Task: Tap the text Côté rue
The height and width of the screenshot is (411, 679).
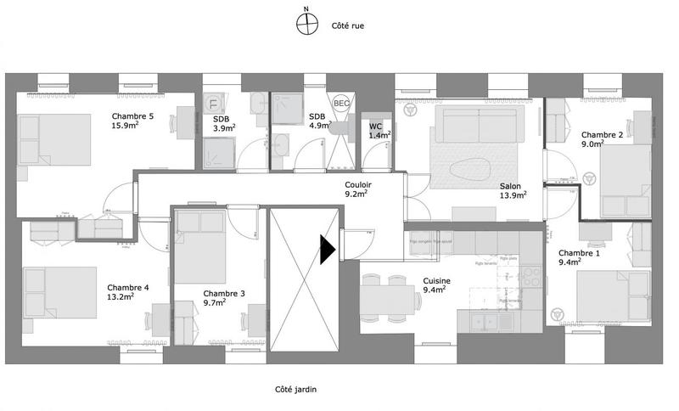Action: (348, 26)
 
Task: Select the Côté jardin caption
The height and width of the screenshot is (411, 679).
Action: (296, 390)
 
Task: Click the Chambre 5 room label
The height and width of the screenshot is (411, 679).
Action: (132, 116)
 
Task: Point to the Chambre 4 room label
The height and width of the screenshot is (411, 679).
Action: (128, 288)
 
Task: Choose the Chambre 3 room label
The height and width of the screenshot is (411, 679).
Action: (224, 294)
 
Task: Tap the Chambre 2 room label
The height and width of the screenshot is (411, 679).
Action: (603, 135)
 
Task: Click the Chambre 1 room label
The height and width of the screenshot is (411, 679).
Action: (579, 253)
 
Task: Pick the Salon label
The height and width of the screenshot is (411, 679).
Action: (510, 187)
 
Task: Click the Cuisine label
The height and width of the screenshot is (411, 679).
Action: (436, 281)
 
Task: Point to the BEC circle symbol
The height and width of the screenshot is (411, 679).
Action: (341, 103)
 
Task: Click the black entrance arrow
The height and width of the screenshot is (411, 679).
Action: (328, 249)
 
